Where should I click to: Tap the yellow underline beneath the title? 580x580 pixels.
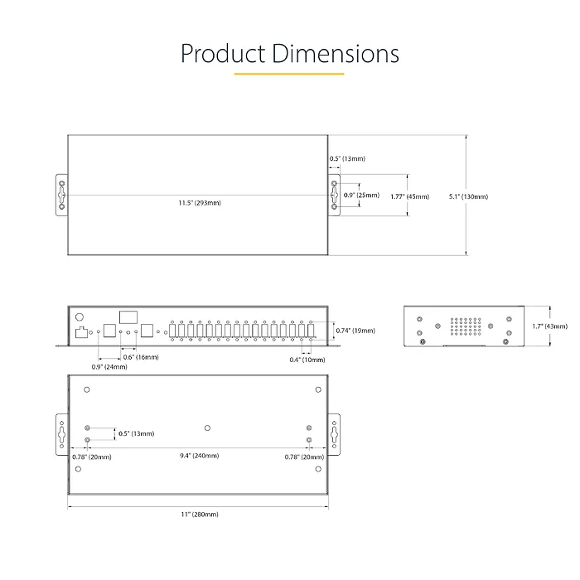(288, 74)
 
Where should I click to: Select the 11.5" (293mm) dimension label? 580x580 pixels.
(200, 203)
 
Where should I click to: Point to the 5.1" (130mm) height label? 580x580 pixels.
(468, 196)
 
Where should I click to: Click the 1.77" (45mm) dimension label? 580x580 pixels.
(409, 196)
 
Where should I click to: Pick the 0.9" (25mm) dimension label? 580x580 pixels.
(361, 196)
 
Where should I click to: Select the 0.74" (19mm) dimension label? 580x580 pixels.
(355, 331)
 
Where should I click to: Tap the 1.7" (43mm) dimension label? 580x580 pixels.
(545, 326)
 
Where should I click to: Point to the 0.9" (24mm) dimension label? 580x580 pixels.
(109, 366)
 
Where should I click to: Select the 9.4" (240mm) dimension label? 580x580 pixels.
(200, 456)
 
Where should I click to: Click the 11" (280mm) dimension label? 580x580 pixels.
(200, 515)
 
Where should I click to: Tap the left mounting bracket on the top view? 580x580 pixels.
(61, 196)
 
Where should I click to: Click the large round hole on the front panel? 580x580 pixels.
(80, 317)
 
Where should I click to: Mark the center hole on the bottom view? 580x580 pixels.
(207, 428)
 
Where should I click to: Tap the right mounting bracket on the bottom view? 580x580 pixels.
(334, 433)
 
